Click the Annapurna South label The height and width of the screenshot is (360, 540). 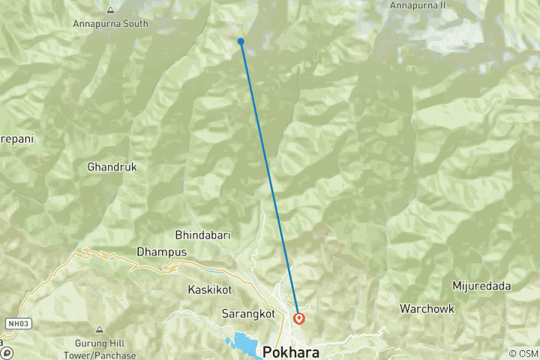click(110, 24)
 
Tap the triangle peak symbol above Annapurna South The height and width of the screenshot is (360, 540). click(111, 10)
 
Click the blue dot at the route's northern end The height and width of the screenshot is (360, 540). click(241, 41)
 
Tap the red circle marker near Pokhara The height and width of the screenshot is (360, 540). click(298, 318)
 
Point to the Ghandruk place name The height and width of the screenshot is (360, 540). click(112, 167)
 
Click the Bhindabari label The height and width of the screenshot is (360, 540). click(202, 235)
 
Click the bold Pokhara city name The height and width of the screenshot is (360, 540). click(292, 352)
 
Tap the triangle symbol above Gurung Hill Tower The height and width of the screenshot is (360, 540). click(99, 329)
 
